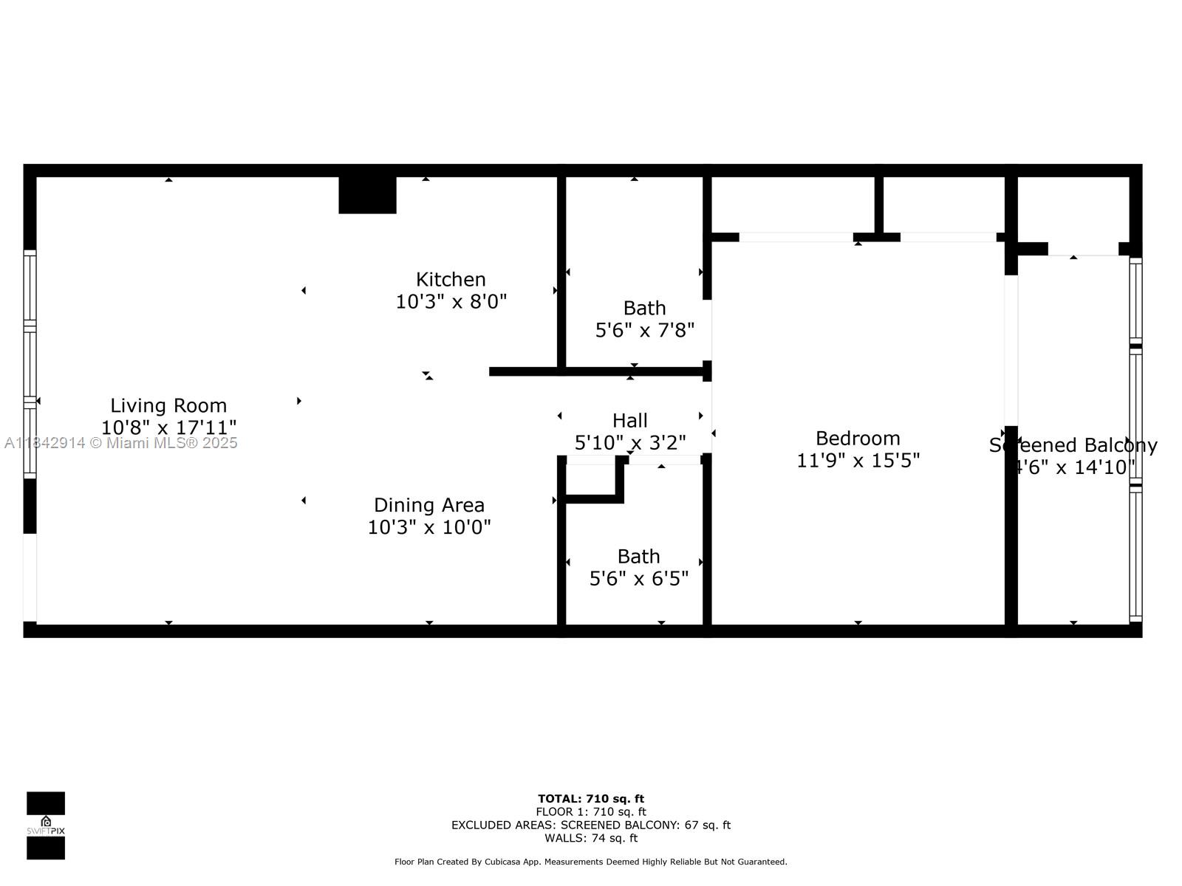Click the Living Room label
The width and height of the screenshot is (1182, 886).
168,405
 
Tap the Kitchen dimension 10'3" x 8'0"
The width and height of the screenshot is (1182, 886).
451,301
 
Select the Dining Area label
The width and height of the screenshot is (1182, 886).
429,505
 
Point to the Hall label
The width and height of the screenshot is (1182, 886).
629,421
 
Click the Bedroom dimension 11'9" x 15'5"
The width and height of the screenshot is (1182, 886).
858,461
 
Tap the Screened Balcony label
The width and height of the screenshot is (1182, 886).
1073,445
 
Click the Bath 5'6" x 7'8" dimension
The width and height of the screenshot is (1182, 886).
644,330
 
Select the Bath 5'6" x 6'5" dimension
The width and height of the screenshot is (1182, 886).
638,578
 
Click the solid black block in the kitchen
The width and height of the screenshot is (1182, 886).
367,195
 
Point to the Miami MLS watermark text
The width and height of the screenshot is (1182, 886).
121,443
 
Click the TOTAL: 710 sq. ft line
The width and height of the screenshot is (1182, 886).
591,798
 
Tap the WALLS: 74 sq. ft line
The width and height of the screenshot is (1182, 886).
591,838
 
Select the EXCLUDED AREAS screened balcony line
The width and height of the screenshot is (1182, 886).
591,825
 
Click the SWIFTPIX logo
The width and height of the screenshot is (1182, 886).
46,825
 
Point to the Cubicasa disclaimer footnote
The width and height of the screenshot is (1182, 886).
591,862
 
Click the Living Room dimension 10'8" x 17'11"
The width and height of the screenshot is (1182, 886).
168,427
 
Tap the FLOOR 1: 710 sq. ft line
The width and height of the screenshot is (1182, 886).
591,811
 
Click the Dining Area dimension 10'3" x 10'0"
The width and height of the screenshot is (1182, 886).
429,527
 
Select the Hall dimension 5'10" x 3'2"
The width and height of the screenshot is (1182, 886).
629,443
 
